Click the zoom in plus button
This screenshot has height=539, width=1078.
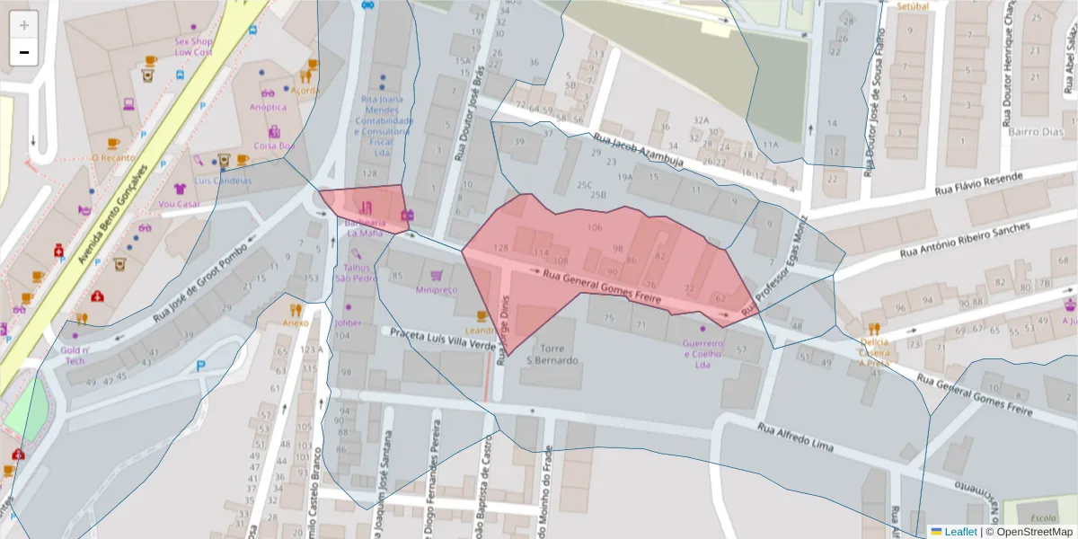24,25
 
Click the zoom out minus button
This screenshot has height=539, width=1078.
24,52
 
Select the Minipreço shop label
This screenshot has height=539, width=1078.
437,289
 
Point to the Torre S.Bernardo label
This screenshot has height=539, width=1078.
551,354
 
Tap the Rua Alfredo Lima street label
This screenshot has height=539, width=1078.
795,437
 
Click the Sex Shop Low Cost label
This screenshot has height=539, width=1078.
193,46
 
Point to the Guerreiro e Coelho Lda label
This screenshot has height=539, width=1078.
702,354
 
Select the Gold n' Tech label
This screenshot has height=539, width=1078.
75,354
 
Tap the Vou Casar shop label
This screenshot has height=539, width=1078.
180,203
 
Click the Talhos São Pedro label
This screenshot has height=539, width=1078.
355,272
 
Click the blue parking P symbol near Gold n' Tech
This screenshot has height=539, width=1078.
200,366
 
